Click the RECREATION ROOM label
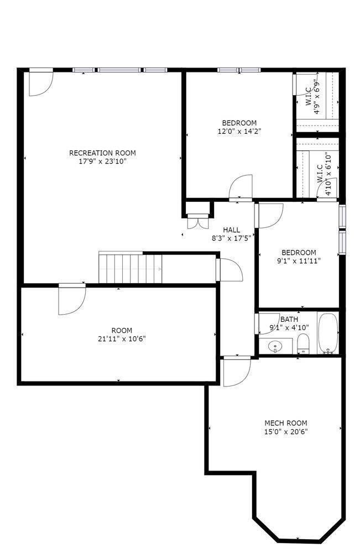pyautogui.click(x=102, y=153)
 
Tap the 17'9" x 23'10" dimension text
pyautogui.click(x=102, y=162)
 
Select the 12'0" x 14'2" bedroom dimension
pyautogui.click(x=239, y=132)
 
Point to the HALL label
pyautogui.click(x=231, y=229)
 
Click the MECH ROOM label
pyautogui.click(x=285, y=423)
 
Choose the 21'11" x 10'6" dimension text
pyautogui.click(x=122, y=340)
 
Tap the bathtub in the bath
pyautogui.click(x=328, y=333)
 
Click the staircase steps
pyautogui.click(x=130, y=268)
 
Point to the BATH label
pyautogui.click(x=289, y=320)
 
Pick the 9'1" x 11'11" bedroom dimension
pyautogui.click(x=299, y=262)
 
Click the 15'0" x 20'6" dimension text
pyautogui.click(x=286, y=432)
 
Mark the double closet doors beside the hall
pyautogui.click(x=198, y=222)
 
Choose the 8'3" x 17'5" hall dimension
pyautogui.click(x=231, y=238)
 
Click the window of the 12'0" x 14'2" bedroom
pyautogui.click(x=239, y=70)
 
